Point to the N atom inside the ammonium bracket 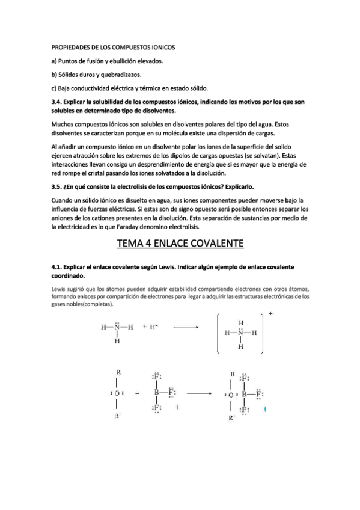pos(240,333)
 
